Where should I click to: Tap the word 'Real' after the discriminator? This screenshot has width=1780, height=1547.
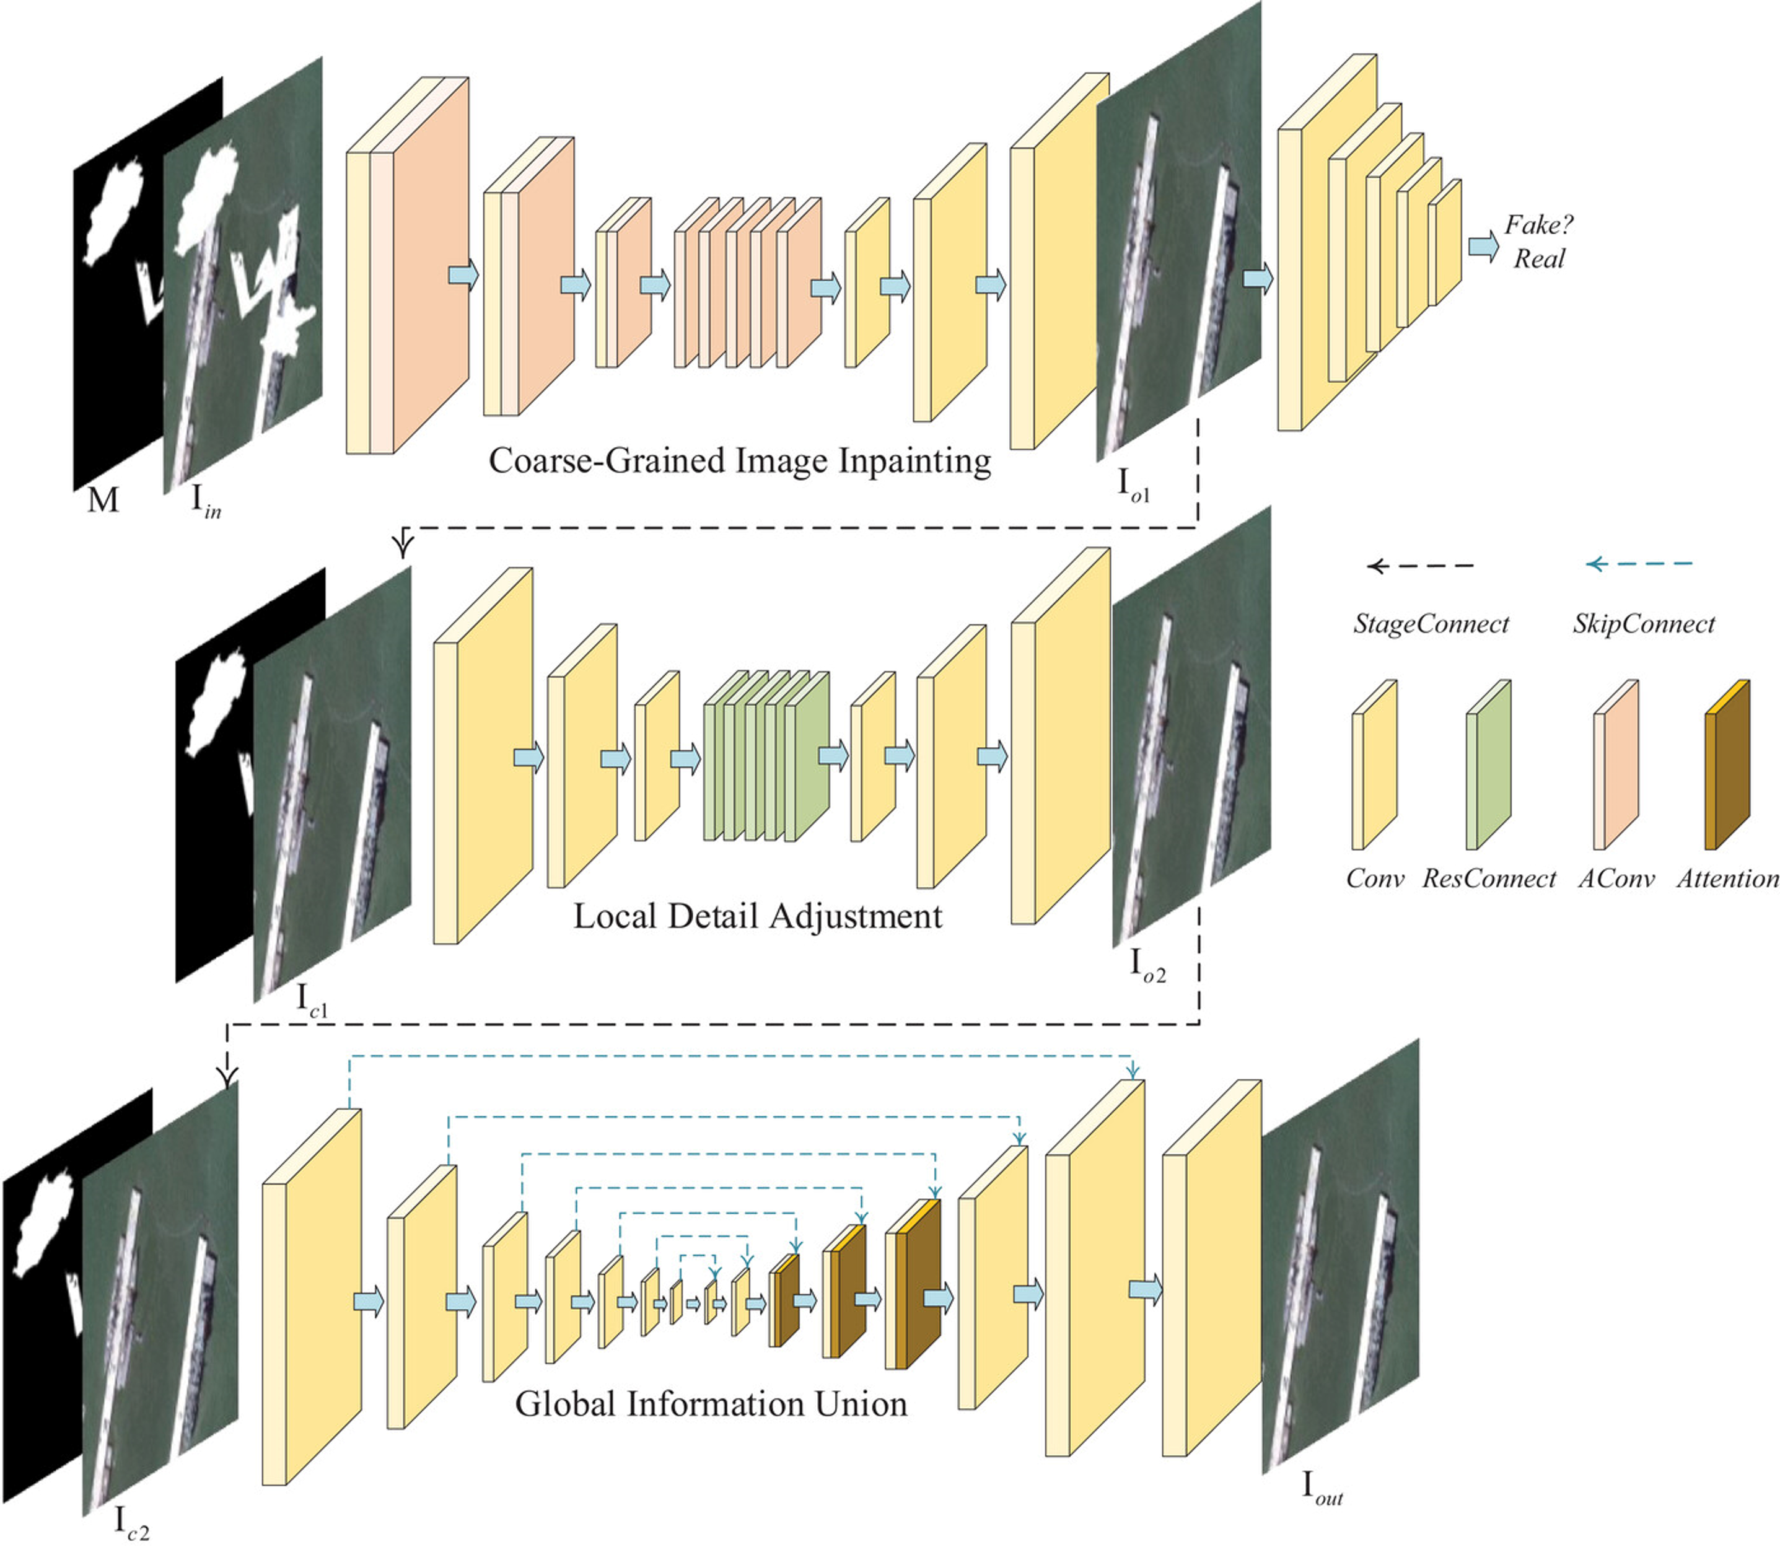tap(1538, 259)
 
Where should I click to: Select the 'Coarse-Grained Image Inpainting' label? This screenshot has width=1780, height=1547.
tap(740, 461)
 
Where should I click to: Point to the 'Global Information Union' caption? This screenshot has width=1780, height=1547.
tap(711, 1405)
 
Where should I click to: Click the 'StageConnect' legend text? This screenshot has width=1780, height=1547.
tap(1431, 624)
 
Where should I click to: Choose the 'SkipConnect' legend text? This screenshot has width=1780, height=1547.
tap(1642, 624)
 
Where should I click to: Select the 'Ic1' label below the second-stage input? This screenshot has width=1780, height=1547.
tap(312, 1000)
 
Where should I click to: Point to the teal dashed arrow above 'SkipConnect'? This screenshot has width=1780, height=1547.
tap(1639, 564)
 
